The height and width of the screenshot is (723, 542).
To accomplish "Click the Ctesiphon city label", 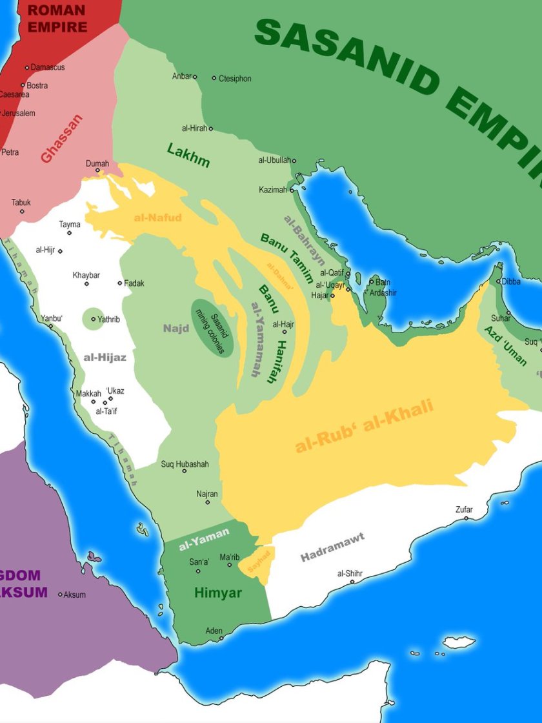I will pos(235,79).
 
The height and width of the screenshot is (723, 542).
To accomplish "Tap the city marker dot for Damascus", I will pos(27,67).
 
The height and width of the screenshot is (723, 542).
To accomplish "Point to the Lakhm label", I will pos(188,155).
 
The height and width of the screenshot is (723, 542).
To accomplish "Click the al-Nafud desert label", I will pos(158,218).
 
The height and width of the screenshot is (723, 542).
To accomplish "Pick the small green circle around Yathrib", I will pos(93,318).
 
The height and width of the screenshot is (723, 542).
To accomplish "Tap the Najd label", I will pos(176,329).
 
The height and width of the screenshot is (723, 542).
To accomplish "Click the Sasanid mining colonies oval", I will pos(212,327).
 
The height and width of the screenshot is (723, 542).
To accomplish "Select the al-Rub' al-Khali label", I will pos(365,426).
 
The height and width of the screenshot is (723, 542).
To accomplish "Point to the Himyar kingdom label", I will pos(217,593).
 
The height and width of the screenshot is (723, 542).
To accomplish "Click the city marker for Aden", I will pos(221,638).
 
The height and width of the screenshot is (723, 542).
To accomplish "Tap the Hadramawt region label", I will pos(332,547).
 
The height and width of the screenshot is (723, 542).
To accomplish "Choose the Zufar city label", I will pos(464,509).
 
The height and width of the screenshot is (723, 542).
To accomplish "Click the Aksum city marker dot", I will pos(61,595).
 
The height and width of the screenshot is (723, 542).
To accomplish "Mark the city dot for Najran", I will pos(207,502).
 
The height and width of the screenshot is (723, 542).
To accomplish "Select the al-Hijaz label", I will pos(105,357).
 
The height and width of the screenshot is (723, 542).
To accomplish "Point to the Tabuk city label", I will pos(21,203).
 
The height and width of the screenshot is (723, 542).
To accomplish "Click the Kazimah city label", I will pos(272,190).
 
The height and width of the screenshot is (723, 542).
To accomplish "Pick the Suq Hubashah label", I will pos(184,463).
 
